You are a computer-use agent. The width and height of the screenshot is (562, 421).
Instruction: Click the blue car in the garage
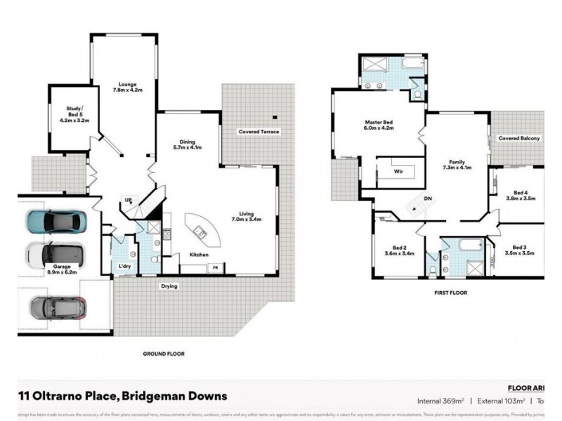pyautogui.click(x=55, y=222)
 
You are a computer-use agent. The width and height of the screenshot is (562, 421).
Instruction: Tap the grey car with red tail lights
pyautogui.click(x=58, y=307)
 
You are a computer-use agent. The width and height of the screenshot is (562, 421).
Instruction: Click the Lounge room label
pyautogui.click(x=127, y=87)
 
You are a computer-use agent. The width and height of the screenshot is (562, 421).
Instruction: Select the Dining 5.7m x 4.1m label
pyautogui.click(x=187, y=144)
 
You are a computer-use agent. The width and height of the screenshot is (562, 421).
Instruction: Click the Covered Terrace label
pyautogui.click(x=259, y=132)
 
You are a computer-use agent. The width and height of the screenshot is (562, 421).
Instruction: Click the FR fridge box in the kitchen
pyautogui.click(x=215, y=268)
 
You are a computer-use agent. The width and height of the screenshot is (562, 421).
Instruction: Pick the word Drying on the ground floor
pyautogui.click(x=169, y=286)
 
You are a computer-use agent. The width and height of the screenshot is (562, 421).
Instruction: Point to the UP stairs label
pyautogui.click(x=128, y=199)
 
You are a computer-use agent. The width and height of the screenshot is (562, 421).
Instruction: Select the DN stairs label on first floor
pyautogui.click(x=426, y=199)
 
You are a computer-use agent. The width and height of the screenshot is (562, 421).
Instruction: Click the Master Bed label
pyautogui.click(x=378, y=126)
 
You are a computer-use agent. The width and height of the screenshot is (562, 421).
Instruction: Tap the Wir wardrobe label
pyautogui.click(x=398, y=171)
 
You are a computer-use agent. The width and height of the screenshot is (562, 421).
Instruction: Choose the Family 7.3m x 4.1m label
pyautogui.click(x=456, y=163)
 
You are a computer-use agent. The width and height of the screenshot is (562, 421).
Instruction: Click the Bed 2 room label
pyautogui.click(x=400, y=250)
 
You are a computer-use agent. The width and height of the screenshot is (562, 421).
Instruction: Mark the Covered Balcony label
pyautogui.click(x=519, y=139)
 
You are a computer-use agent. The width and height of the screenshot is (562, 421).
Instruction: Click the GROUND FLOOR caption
pyautogui.click(x=163, y=354)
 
